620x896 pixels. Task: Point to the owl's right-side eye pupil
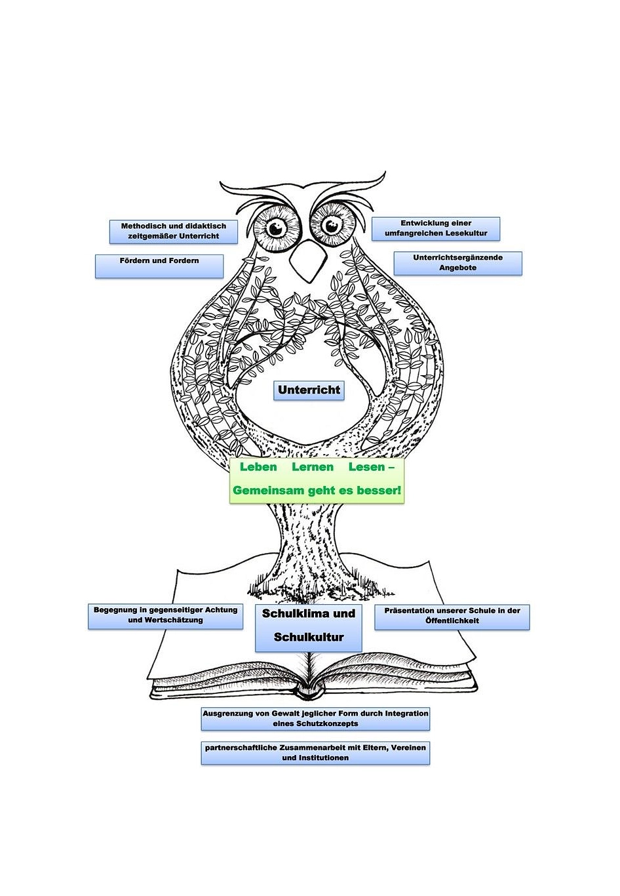[331, 226]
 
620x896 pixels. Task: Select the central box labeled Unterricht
[309, 390]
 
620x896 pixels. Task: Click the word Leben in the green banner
[258, 467]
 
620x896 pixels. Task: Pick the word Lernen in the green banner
[312, 467]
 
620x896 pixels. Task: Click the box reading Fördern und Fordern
[159, 266]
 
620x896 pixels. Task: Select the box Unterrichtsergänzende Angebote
[457, 263]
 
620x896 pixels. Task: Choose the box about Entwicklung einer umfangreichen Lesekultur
[436, 229]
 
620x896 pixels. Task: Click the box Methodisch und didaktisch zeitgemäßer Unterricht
[174, 232]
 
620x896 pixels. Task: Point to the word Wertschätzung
[166, 620]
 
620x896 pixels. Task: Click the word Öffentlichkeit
[452, 621]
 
